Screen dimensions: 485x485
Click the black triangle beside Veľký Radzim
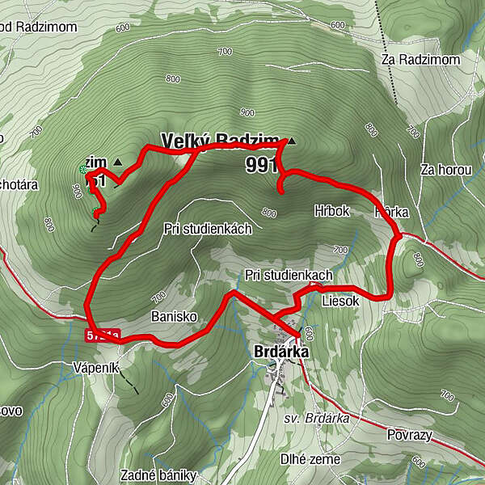[291, 141]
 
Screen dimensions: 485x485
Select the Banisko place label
[169, 317]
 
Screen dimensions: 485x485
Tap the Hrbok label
[331, 211]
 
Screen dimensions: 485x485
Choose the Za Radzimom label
[420, 60]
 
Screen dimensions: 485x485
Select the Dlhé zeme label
[310, 459]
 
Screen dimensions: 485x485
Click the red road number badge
[103, 335]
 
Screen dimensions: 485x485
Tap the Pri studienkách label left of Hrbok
[207, 229]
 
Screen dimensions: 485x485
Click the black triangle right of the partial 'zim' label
[119, 162]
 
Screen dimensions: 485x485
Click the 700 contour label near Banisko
[158, 295]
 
